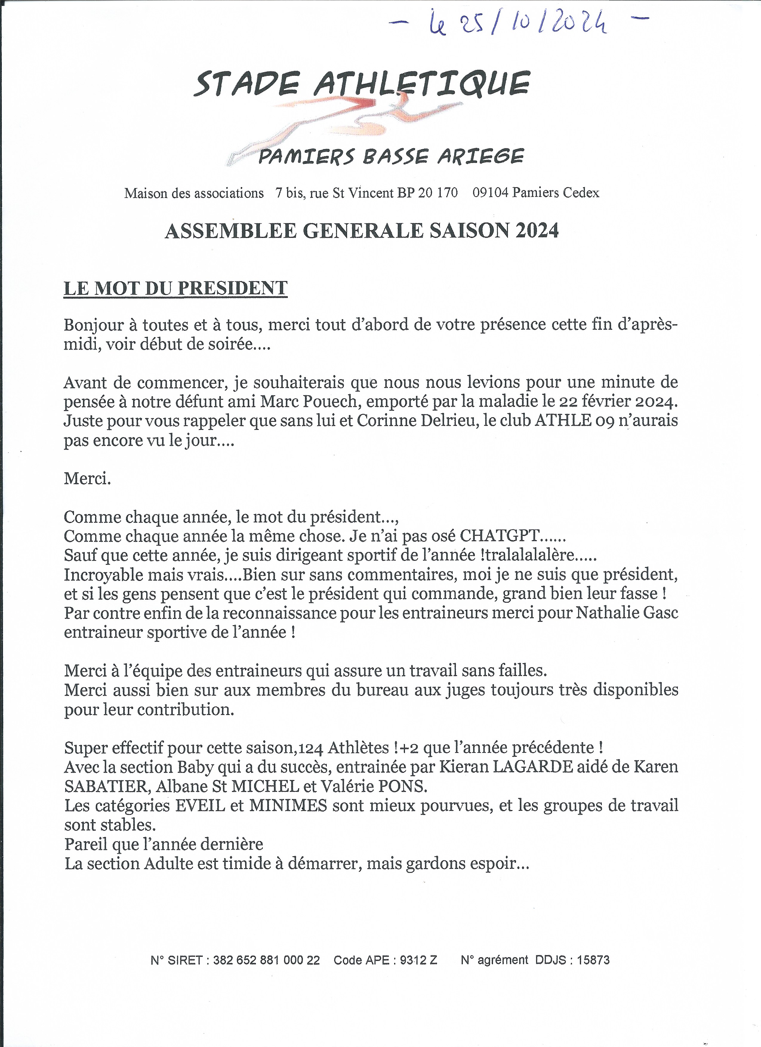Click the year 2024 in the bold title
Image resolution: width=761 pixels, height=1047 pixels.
[x=537, y=230]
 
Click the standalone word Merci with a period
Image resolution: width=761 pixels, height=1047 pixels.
[x=87, y=478]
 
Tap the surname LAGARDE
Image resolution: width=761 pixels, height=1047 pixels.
[x=533, y=767]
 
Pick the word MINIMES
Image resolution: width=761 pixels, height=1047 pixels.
[x=288, y=805]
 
